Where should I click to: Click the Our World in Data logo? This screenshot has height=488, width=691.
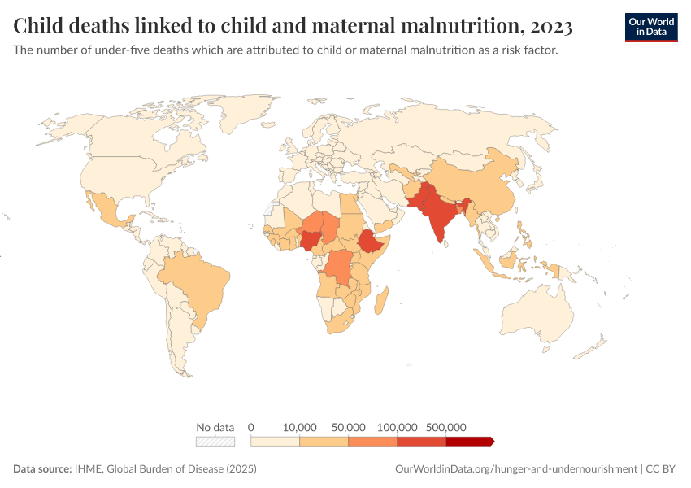(650, 27)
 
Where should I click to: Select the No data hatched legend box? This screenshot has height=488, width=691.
(215, 441)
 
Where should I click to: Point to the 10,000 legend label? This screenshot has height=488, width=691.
(300, 427)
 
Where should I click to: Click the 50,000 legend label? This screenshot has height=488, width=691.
(349, 427)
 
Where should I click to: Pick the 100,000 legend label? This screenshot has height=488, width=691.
(398, 427)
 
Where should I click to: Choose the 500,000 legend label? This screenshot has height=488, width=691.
(446, 427)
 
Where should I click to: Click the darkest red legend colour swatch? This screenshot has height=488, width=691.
(470, 441)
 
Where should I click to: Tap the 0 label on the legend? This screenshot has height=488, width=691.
(251, 427)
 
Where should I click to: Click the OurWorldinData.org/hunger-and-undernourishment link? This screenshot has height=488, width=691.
(515, 469)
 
